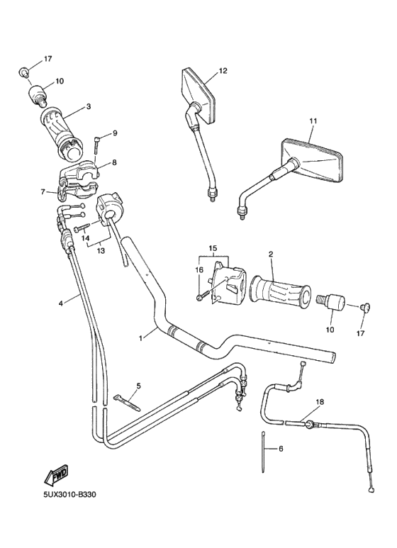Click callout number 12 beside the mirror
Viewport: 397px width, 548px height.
[222, 71]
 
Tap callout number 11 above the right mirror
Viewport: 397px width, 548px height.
[313, 121]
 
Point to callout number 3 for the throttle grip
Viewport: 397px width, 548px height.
[88, 107]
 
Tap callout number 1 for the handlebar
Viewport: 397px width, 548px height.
[140, 339]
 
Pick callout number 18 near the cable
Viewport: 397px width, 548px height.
[319, 402]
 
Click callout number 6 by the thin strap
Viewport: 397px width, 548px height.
[280, 449]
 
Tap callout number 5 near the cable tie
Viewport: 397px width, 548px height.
[138, 386]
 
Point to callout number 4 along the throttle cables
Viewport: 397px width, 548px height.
[60, 303]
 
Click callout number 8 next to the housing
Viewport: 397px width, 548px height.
[114, 162]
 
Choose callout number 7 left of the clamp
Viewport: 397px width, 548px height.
[43, 191]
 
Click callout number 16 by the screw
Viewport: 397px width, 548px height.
[199, 270]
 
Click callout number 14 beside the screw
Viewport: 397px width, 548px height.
[85, 239]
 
